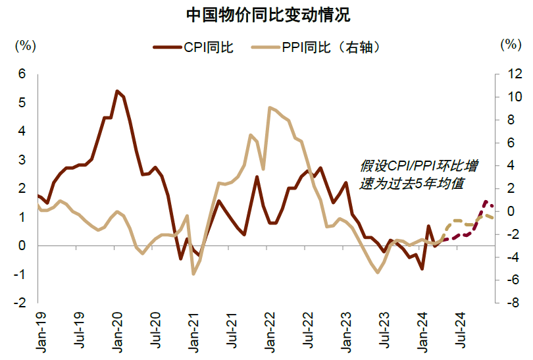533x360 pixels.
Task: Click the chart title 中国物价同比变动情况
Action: pos(267,14)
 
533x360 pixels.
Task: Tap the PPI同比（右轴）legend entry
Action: pos(332,47)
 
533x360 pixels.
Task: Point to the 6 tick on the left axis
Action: pos(22,74)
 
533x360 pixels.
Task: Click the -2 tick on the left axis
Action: pos(21,303)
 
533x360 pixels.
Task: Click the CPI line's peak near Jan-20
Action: pos(116,91)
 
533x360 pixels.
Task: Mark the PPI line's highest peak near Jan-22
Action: pos(270,107)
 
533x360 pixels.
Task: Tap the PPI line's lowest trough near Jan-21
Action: pos(193,274)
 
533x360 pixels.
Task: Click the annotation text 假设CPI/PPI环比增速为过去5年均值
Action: pos(419,175)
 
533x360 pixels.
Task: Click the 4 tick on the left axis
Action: pos(22,132)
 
